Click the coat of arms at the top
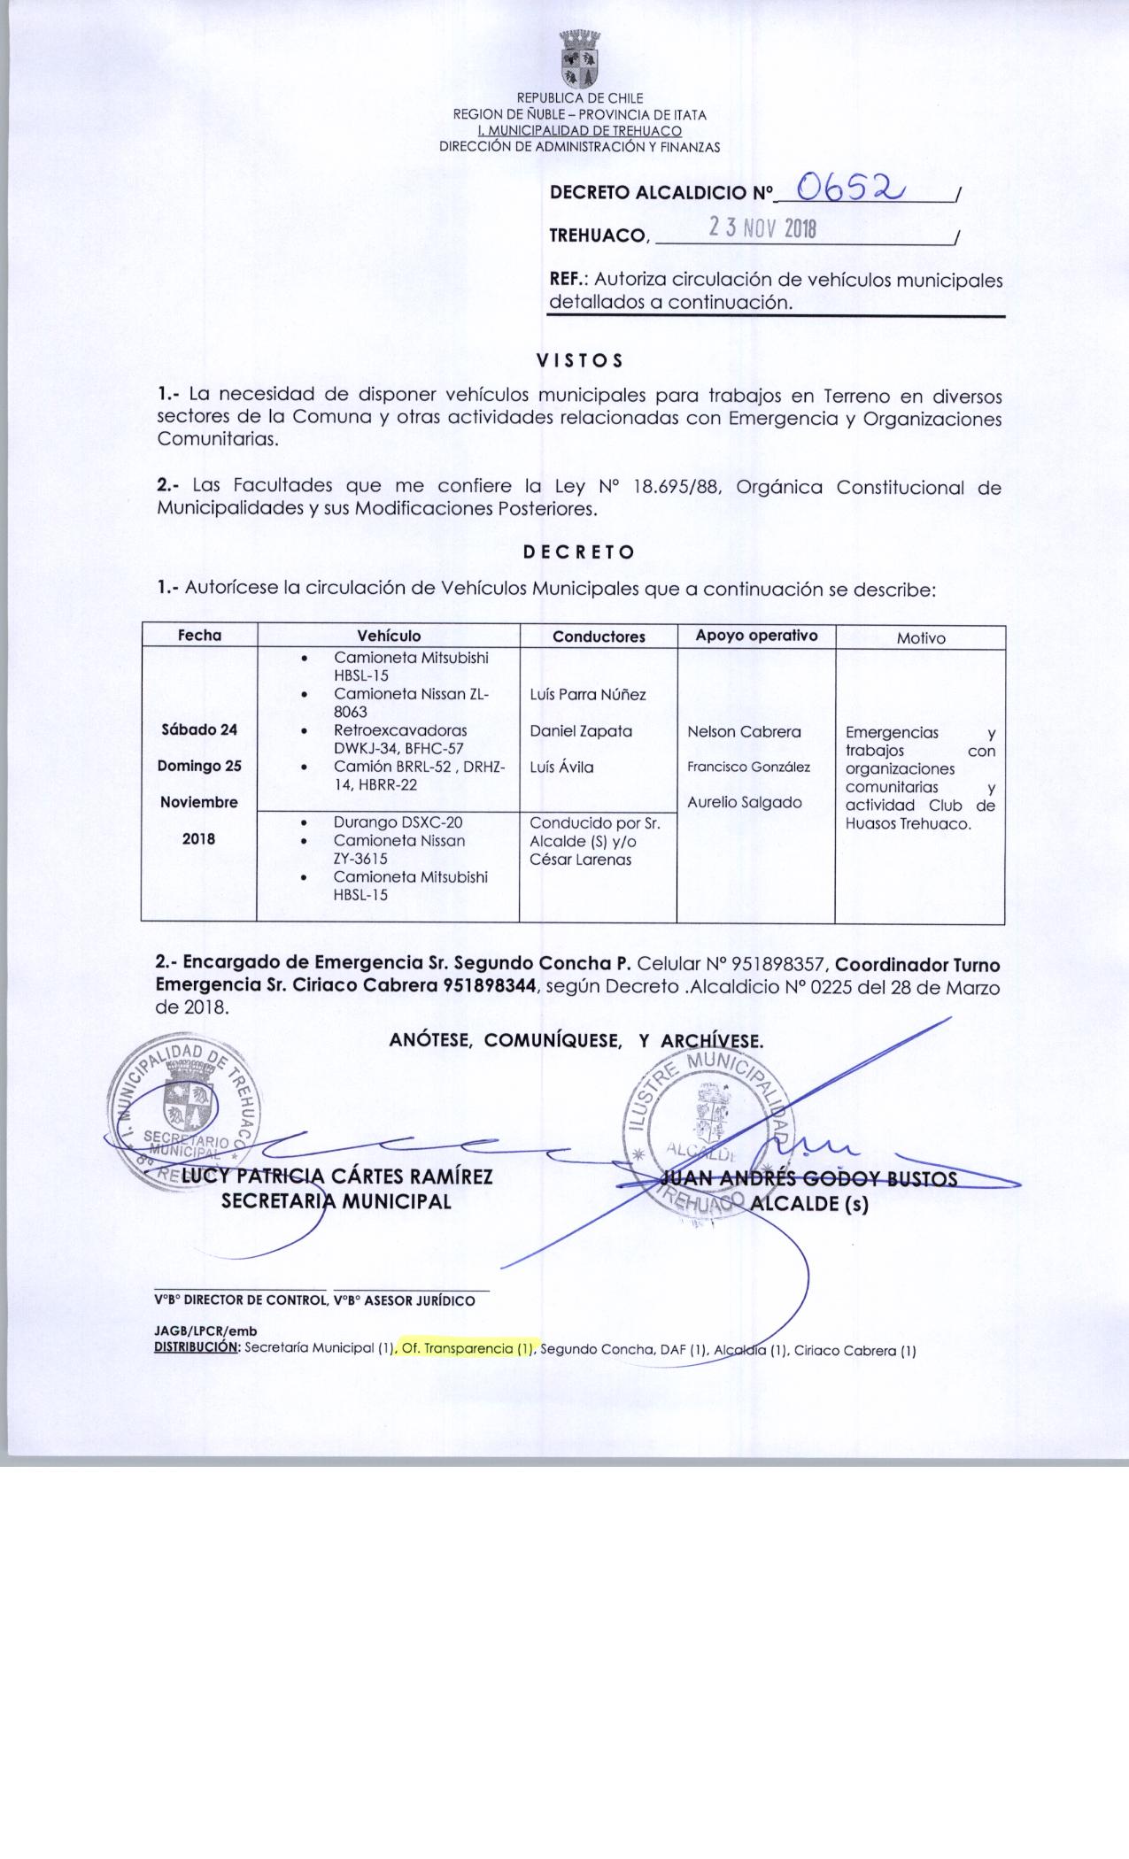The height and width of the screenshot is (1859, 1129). (x=580, y=59)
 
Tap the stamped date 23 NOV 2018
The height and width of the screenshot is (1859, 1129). (x=762, y=229)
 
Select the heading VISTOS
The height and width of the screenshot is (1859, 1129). (x=580, y=360)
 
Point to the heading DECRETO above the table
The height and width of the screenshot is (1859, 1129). (x=579, y=552)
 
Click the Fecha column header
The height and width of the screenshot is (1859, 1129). (x=199, y=636)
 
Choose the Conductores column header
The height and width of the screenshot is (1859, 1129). (x=599, y=636)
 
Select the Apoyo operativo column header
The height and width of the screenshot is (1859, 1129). (x=756, y=636)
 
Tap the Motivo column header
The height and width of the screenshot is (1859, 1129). (x=921, y=637)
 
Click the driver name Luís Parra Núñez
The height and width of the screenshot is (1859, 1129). (x=588, y=695)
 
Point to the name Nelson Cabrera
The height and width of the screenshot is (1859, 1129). (x=744, y=732)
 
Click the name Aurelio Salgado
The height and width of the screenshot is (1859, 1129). (x=745, y=803)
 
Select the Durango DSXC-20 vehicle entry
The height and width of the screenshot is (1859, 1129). (x=398, y=822)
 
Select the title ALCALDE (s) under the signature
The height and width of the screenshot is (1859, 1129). (x=808, y=1205)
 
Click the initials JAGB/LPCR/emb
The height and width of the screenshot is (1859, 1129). (x=205, y=1331)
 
